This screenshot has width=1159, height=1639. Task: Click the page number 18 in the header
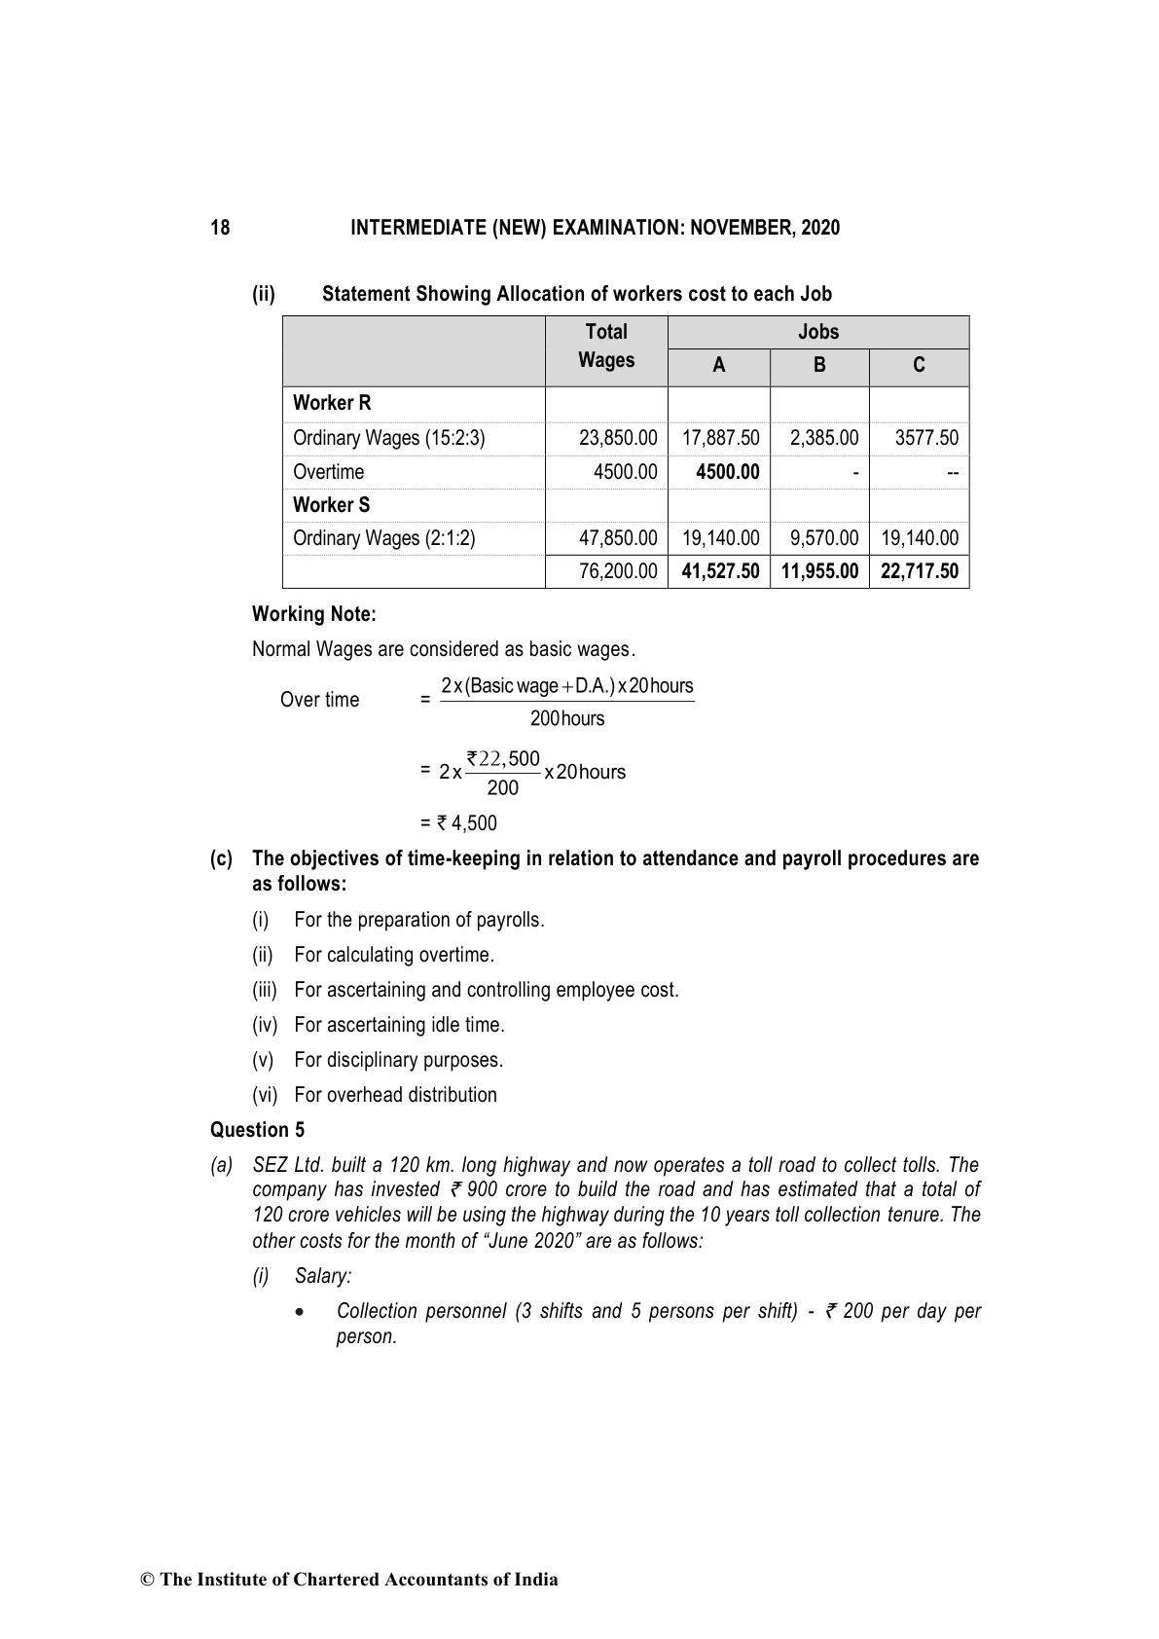(220, 228)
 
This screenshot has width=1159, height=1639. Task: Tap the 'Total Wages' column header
(606, 346)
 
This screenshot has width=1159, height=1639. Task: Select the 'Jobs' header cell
(817, 332)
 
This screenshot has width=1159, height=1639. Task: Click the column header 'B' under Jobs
(819, 366)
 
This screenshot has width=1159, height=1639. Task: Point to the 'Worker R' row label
(332, 403)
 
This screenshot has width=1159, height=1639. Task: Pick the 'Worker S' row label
(331, 505)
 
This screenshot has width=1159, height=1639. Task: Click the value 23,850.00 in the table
(618, 438)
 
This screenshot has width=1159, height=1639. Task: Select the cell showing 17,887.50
(720, 438)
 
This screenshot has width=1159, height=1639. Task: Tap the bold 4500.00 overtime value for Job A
(728, 472)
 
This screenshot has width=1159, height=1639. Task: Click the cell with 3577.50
(926, 438)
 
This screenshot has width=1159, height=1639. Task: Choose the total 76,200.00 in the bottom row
(618, 571)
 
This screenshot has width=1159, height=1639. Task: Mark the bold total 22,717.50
(919, 571)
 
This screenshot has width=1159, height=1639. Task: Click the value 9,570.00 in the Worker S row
(824, 538)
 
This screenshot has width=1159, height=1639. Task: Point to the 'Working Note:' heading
(313, 614)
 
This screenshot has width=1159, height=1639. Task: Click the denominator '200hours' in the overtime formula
(567, 719)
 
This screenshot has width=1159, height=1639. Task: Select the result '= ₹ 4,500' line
(458, 823)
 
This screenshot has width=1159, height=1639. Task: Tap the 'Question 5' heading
(257, 1130)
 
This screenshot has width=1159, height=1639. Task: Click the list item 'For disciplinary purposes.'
(398, 1060)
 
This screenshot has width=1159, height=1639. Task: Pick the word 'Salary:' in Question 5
(323, 1276)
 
